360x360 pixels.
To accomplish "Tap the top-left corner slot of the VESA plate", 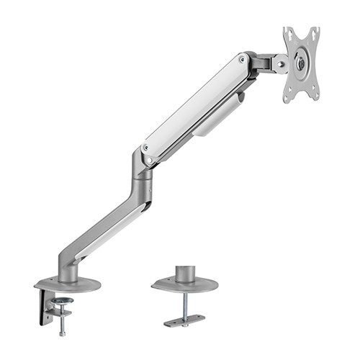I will click(287, 32).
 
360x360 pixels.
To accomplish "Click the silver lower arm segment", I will click(108, 230).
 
